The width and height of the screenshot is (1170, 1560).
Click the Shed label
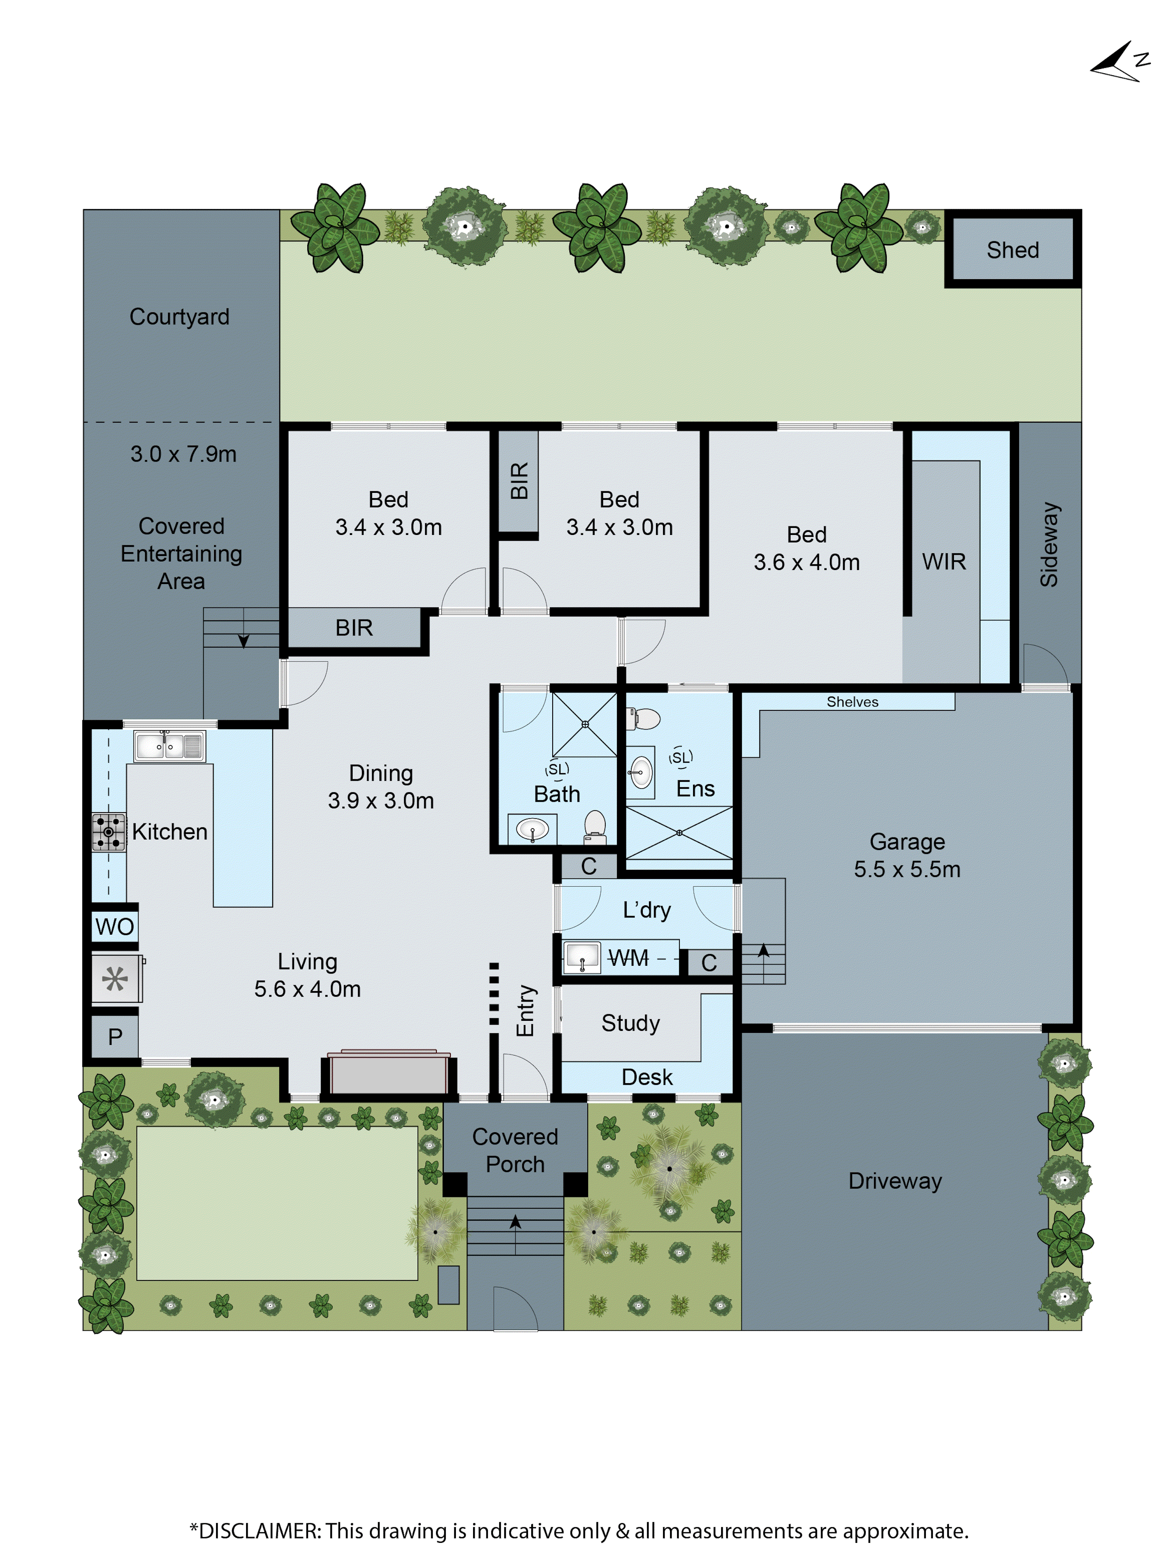coord(1012,250)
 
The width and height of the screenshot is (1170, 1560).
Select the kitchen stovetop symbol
coord(108,832)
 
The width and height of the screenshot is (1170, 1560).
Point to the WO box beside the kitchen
coord(114,926)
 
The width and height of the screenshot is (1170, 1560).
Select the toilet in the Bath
coord(595,825)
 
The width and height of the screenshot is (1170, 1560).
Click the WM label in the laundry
coord(628,958)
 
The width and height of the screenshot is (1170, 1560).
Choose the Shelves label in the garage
coord(852,702)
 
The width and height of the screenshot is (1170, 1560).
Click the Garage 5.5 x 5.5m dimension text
coord(907,869)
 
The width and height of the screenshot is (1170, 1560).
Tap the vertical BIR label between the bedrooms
coord(519,481)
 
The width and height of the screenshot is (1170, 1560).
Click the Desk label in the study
coord(647,1077)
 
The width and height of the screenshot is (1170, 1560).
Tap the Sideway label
coord(1049,544)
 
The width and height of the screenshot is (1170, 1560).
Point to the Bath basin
coord(532,829)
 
